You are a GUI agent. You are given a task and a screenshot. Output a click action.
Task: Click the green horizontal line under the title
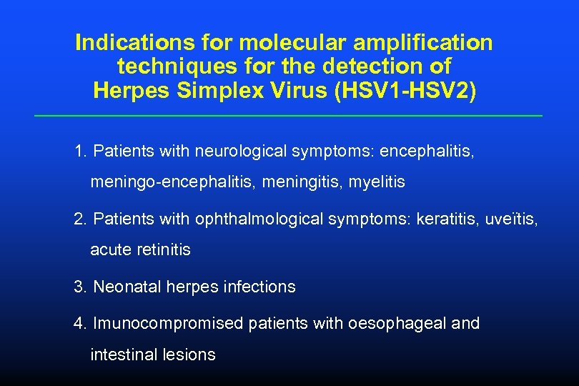tap(289, 116)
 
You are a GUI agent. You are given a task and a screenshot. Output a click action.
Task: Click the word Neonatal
tap(127, 287)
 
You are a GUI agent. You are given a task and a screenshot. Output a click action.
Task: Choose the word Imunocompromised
tap(168, 324)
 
